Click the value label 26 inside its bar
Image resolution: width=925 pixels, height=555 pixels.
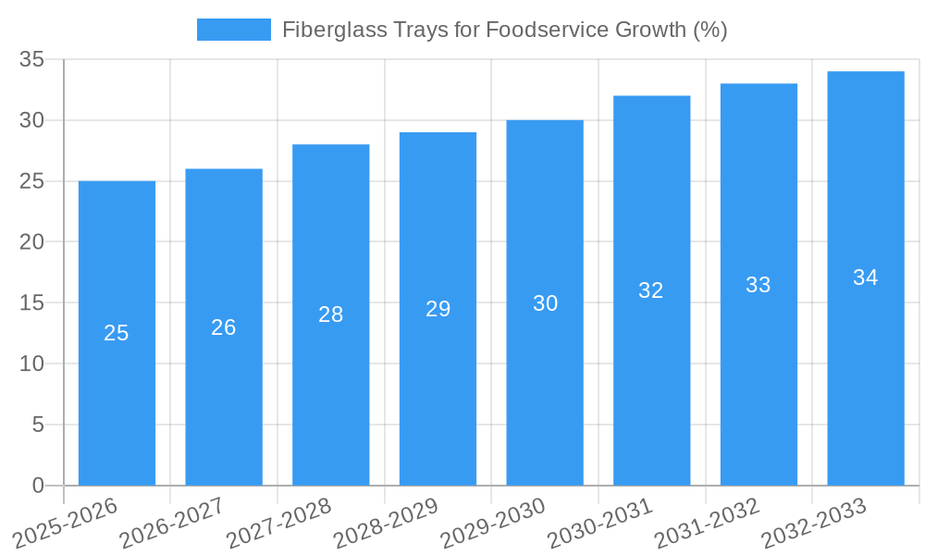pos(224,327)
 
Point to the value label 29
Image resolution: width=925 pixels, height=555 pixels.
pos(438,309)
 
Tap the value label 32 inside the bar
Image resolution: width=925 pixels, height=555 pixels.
pos(651,290)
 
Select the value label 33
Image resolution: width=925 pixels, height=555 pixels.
pos(758,285)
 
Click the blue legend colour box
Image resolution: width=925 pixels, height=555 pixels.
pos(233,30)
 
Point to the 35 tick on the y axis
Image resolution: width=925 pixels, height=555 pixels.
pos(32,60)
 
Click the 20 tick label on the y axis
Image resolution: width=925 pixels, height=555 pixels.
pos(32,242)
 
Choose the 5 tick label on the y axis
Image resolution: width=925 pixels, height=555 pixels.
pos(38,425)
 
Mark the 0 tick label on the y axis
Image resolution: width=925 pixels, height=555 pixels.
pos(38,486)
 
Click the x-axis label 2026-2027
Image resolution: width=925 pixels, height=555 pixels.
pos(172,523)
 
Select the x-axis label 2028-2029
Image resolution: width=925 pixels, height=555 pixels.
pos(386,523)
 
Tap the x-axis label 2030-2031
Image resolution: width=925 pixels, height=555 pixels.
pos(599,523)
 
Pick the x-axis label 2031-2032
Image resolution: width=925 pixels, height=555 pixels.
pos(707,523)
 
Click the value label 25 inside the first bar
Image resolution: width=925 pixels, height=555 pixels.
pos(117,333)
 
